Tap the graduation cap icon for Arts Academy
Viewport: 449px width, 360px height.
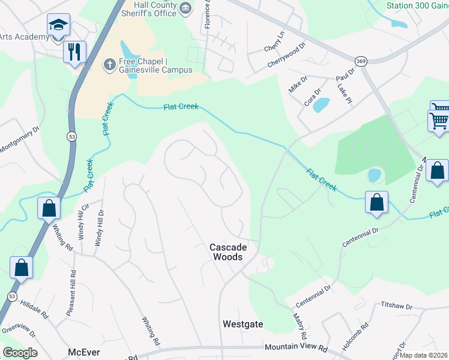tap(58, 26)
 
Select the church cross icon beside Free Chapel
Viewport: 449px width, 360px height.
tap(109, 64)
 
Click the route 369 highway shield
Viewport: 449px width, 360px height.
tap(376, 61)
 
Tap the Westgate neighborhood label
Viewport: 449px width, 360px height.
tap(243, 324)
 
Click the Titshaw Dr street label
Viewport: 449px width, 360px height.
tap(397, 306)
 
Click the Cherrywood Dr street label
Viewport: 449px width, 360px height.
tap(287, 55)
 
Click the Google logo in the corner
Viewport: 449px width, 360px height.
tap(20, 353)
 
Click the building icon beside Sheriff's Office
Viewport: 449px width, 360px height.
tap(185, 8)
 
